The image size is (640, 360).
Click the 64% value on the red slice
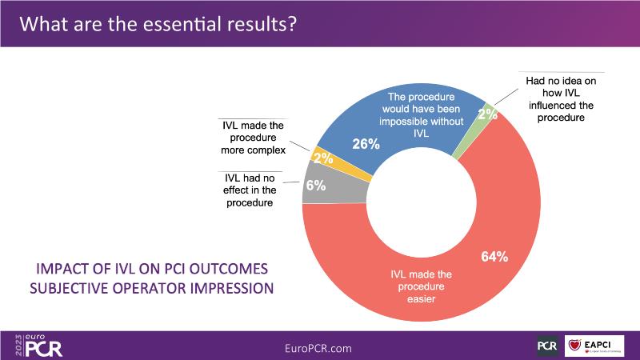[x=494, y=257]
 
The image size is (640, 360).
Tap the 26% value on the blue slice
[x=366, y=145]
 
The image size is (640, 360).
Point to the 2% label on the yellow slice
[x=323, y=158]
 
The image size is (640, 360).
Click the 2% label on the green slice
[x=487, y=114]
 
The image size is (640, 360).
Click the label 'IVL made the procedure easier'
[x=420, y=282]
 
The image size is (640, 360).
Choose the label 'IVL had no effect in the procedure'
[x=247, y=191]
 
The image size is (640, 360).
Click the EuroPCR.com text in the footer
[x=318, y=347]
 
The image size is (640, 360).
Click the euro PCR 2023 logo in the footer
[x=38, y=344]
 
